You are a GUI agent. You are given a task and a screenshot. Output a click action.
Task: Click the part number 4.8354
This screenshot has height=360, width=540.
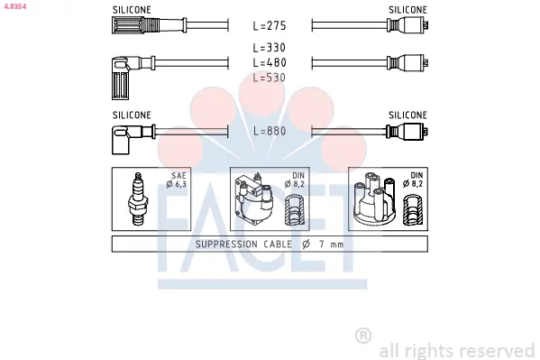pos(14,6)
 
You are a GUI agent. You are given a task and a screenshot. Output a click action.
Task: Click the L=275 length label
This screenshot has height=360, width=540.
pos(270,26)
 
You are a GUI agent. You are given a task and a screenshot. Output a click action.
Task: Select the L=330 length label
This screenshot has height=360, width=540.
pos(270,48)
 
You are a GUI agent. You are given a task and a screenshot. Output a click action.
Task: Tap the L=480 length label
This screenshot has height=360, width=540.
pos(270,62)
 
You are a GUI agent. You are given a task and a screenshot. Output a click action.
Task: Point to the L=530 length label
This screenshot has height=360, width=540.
pos(270,78)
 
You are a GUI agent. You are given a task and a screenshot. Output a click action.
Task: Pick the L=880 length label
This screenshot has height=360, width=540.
pos(270,131)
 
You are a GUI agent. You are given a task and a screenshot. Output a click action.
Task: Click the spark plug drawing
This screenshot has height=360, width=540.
pos(138,199)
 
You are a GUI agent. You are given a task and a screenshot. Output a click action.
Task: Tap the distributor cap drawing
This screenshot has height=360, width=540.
pos(374,199)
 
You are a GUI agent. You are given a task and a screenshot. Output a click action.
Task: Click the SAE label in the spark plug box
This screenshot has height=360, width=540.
pos(178,176)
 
